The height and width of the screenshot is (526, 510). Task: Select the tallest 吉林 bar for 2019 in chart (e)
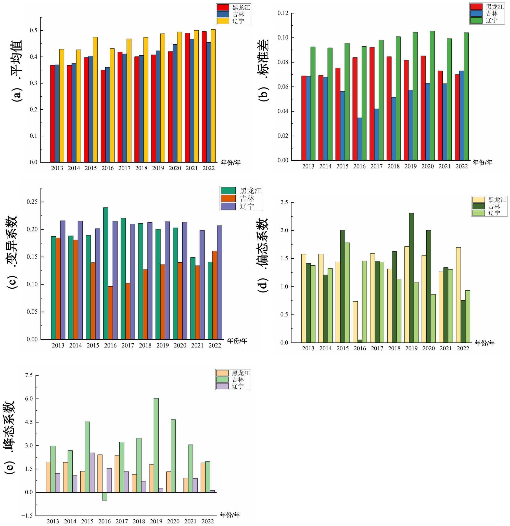(156, 445)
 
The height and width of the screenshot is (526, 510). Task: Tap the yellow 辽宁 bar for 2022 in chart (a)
(213, 96)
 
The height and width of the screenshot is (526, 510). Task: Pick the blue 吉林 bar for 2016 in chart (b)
(359, 139)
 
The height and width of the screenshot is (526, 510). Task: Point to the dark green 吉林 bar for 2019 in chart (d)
(411, 278)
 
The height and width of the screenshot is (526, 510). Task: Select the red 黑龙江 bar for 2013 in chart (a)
(53, 114)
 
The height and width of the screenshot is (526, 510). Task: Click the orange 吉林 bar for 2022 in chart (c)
(215, 295)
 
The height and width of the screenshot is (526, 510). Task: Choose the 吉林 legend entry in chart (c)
(247, 199)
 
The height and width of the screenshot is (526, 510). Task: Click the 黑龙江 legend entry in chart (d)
(497, 200)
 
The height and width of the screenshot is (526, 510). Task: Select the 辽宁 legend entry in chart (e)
(238, 386)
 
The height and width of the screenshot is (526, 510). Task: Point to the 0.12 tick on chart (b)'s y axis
(283, 13)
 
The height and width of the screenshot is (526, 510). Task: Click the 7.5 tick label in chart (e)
(29, 375)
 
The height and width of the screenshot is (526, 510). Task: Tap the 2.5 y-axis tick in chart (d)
(284, 202)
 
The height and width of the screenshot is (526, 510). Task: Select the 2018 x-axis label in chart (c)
(145, 346)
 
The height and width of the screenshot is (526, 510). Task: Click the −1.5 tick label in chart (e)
(27, 516)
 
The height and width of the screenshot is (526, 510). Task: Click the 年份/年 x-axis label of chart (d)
(484, 343)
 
